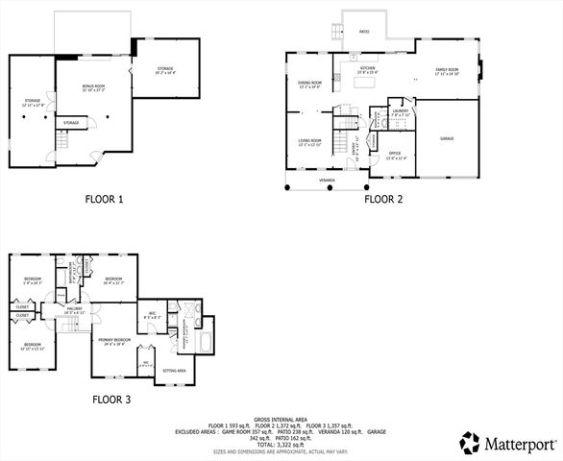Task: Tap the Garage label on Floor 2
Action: pos(447,139)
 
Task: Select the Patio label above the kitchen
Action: pos(364,32)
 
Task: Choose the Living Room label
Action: pos(308,143)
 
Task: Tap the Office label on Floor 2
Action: pos(394,155)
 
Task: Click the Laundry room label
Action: pos(401,112)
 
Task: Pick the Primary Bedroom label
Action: pos(114,340)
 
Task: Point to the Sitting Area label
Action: pos(174,370)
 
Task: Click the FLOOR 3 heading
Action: pos(111,399)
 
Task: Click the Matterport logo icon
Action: pos(469,443)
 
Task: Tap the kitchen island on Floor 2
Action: pos(366,84)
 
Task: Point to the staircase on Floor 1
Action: pos(61,142)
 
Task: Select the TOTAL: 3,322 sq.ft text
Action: pos(281,445)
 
